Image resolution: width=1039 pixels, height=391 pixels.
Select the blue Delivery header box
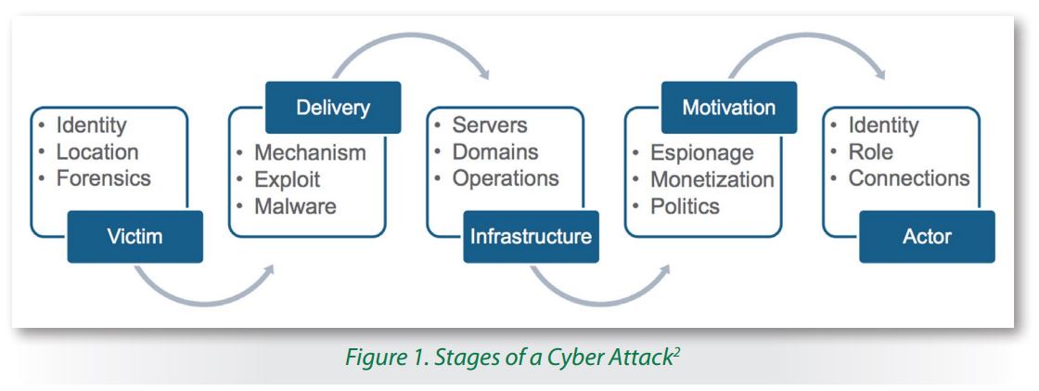tap(333, 109)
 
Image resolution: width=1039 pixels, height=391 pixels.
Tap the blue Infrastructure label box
tap(530, 236)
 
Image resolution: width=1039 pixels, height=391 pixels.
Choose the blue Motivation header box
tap(728, 109)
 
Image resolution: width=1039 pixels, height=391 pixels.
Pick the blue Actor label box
tap(929, 236)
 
